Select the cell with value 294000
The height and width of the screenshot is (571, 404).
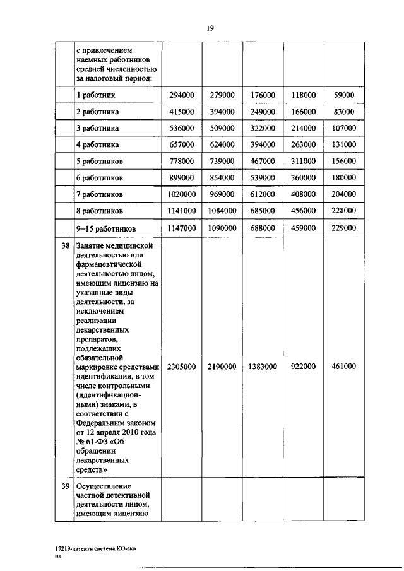[181, 95]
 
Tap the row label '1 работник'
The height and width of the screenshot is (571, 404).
[95, 95]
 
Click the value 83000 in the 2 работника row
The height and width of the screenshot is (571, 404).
[343, 112]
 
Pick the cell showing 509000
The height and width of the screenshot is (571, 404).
[222, 128]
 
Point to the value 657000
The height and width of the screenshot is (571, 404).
[181, 144]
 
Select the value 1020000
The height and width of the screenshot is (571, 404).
[181, 194]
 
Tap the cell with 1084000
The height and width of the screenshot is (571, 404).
[222, 211]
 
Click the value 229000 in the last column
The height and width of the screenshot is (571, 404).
[343, 228]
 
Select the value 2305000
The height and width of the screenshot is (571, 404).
[181, 367]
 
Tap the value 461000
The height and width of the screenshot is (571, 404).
[343, 367]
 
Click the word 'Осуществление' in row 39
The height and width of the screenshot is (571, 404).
[103, 486]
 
